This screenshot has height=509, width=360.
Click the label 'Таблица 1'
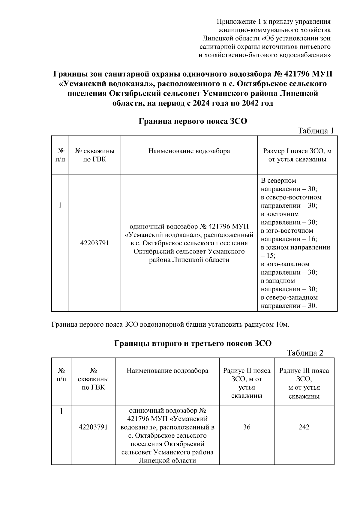[x=315, y=131]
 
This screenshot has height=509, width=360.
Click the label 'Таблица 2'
[x=305, y=353]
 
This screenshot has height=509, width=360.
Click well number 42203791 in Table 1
[x=94, y=243]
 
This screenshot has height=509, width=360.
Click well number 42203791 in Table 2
[x=93, y=427]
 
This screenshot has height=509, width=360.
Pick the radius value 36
[x=247, y=427]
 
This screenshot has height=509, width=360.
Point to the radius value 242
[x=304, y=427]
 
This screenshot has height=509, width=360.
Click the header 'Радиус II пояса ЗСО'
[x=247, y=375]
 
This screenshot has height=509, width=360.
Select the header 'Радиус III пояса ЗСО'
[x=304, y=375]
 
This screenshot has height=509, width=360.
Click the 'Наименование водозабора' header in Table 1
[x=189, y=151]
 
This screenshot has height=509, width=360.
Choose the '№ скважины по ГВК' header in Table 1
[x=94, y=155]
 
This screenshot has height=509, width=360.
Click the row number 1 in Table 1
[x=60, y=205]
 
